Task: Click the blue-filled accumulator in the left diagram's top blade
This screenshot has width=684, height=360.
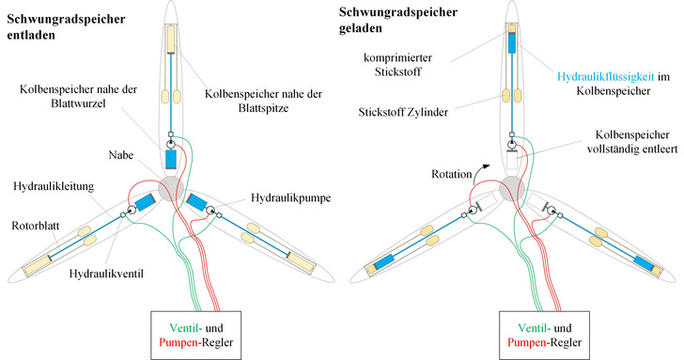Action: click(171, 158)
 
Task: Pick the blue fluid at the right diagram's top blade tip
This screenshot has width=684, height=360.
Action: click(512, 42)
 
